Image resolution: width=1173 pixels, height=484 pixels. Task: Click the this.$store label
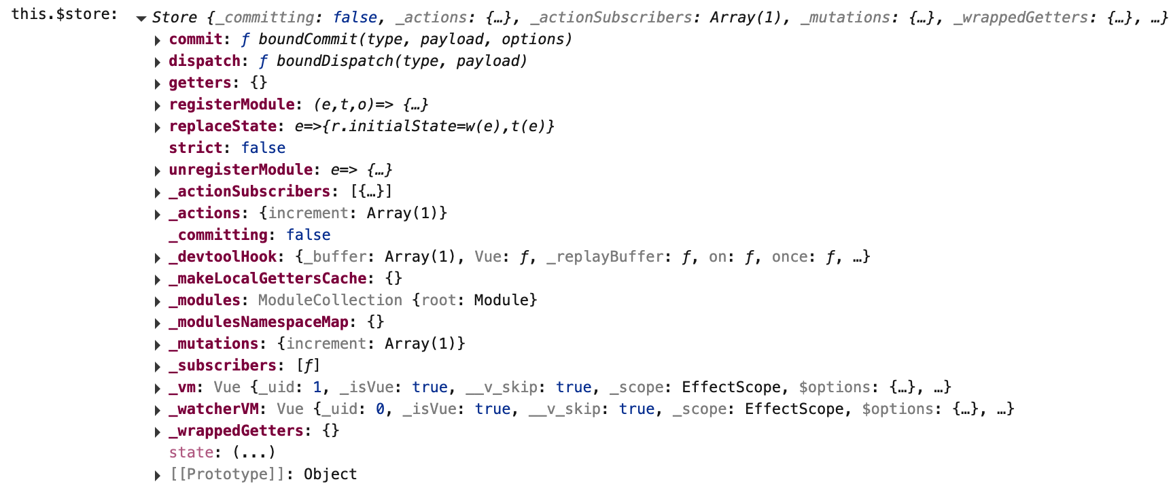(64, 14)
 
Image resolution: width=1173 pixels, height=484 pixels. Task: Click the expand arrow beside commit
(158, 41)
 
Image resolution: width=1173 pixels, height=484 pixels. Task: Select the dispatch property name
(205, 61)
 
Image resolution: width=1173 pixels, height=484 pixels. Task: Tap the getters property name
(200, 83)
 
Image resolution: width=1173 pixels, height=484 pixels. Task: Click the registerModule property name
(232, 105)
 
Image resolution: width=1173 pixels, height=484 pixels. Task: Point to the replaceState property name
(223, 126)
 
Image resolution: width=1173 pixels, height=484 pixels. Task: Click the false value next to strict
(263, 148)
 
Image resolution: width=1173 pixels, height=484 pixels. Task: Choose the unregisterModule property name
(241, 170)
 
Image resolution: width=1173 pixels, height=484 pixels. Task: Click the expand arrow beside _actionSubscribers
(158, 193)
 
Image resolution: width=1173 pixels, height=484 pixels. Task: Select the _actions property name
(205, 213)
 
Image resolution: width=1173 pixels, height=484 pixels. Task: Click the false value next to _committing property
(308, 235)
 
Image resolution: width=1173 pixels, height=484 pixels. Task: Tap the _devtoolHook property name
(223, 257)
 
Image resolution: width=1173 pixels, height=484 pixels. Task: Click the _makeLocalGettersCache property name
(268, 279)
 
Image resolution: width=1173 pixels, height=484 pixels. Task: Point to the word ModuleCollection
(330, 300)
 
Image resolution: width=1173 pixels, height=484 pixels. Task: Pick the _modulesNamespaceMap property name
(259, 322)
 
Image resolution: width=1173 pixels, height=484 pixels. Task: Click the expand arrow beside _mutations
(158, 345)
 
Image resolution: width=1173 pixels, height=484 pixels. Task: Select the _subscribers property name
(223, 366)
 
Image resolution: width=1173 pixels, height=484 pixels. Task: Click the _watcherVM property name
(214, 409)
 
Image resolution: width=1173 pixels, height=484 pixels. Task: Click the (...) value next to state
(253, 453)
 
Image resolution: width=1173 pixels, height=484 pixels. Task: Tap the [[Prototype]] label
(227, 474)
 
